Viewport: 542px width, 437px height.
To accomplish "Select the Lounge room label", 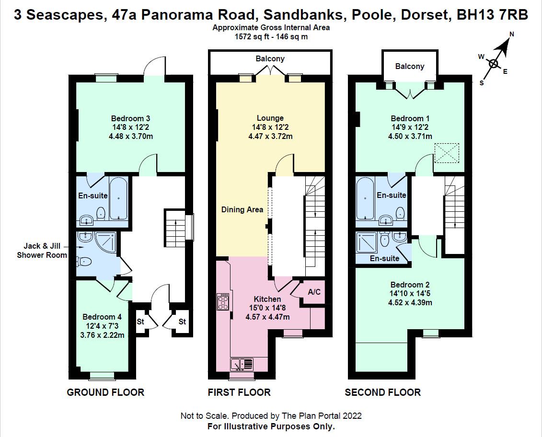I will (x=270, y=118).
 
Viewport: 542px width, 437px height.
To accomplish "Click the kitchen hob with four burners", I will (x=223, y=302).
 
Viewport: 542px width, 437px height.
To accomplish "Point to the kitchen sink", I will (x=242, y=364).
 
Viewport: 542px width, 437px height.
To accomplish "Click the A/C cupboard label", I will (x=314, y=292).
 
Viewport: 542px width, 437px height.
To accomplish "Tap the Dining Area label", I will (x=242, y=209).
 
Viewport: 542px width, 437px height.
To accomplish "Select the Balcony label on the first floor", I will (x=270, y=58).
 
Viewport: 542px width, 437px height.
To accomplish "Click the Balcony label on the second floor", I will (x=409, y=66).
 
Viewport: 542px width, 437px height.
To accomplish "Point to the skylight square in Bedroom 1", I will (x=447, y=153).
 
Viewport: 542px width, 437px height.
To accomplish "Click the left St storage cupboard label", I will (x=140, y=322).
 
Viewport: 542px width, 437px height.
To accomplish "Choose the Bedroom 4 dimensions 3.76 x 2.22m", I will (x=102, y=335).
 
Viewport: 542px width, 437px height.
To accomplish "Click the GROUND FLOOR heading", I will (x=105, y=392).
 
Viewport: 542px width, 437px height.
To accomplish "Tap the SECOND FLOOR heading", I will (x=382, y=392).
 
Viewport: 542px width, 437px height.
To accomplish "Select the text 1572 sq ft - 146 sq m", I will (x=271, y=36).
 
